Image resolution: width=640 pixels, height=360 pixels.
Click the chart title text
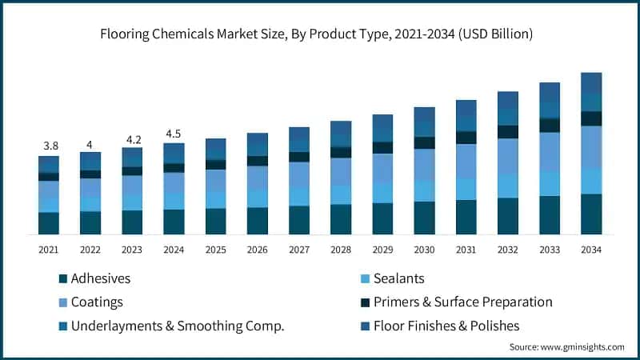pyautogui.click(x=320, y=34)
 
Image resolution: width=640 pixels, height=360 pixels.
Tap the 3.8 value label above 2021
pyautogui.click(x=49, y=146)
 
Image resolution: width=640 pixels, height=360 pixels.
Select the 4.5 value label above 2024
pyautogui.click(x=174, y=133)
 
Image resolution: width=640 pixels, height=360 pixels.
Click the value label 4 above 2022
pyautogui.click(x=90, y=144)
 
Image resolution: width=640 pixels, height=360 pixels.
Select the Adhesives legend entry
pyautogui.click(x=100, y=278)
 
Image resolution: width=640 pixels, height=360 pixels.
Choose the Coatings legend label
pyautogui.click(x=96, y=302)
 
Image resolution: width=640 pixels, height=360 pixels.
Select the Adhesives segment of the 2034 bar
pyautogui.click(x=590, y=214)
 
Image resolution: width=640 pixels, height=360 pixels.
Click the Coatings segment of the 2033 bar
pyautogui.click(x=549, y=152)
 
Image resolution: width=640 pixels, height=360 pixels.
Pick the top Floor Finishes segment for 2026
pyautogui.click(x=258, y=140)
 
